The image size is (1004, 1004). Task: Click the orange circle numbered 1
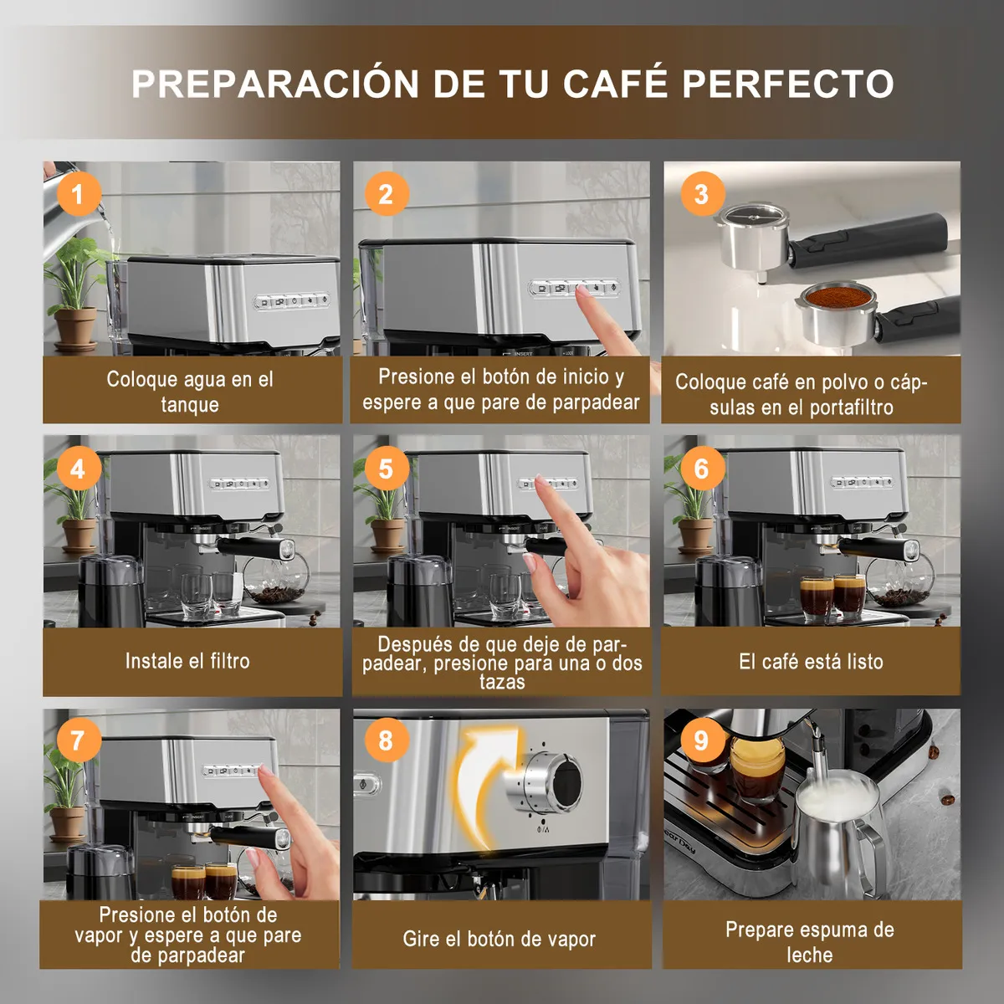(78, 194)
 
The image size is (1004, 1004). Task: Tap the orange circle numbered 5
(386, 469)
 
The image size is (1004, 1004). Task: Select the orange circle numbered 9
(701, 740)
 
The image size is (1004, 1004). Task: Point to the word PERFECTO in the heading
(788, 84)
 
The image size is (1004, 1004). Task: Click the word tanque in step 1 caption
(190, 405)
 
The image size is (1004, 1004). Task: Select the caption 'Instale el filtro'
(187, 661)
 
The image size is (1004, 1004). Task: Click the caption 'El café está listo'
(811, 661)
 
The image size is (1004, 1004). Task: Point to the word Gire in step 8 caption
(421, 940)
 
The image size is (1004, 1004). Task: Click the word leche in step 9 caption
(810, 955)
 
